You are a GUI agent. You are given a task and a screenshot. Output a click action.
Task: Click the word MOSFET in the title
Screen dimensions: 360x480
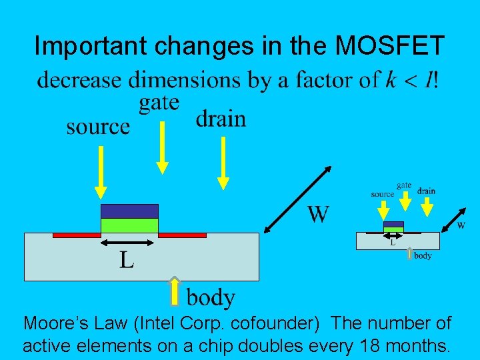pos(391,46)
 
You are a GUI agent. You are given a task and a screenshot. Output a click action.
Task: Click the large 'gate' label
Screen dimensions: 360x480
pos(159,103)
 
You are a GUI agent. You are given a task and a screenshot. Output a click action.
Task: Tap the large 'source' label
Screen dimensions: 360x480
pos(98,127)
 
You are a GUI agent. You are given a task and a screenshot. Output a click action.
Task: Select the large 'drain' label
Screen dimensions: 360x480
pos(221,119)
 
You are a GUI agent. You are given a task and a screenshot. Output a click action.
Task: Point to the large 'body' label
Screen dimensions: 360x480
pos(211,297)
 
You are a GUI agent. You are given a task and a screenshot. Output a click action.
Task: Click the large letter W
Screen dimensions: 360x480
pos(318,214)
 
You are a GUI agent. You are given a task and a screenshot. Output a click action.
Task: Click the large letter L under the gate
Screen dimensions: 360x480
pos(127,259)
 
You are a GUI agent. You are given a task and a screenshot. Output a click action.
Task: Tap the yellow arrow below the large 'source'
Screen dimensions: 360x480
pos(101,172)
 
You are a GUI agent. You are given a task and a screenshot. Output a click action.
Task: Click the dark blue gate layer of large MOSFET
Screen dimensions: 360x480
pos(129,211)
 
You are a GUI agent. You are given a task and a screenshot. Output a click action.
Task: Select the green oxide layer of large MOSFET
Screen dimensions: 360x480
pos(129,225)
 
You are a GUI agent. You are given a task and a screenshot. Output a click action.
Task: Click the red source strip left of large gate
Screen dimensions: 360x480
pos(76,235)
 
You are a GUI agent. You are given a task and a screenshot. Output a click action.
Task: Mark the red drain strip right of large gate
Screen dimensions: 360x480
pos(182,235)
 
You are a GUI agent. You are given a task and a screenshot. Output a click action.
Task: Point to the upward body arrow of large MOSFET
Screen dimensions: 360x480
pos(175,291)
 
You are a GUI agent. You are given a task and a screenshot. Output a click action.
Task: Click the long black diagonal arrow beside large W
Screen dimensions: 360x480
pos(299,199)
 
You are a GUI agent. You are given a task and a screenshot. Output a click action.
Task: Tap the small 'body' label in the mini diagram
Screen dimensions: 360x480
pos(423,255)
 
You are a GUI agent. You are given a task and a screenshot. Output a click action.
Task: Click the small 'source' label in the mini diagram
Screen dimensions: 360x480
pos(382,194)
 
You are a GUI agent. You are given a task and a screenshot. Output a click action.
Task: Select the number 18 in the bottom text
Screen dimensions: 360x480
pos(367,347)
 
